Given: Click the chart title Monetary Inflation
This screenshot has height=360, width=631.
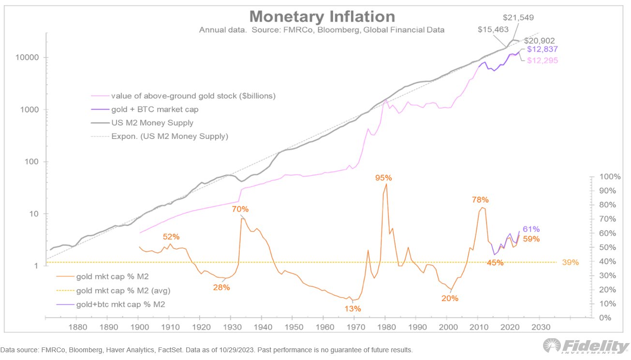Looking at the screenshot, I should pyautogui.click(x=322, y=16).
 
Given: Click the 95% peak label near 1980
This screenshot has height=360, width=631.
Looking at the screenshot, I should pyautogui.click(x=383, y=178).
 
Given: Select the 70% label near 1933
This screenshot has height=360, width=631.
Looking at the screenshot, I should pyautogui.click(x=240, y=210).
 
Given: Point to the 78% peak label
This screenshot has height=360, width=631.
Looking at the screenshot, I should pyautogui.click(x=480, y=199).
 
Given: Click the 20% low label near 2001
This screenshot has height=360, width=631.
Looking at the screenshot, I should pyautogui.click(x=450, y=299).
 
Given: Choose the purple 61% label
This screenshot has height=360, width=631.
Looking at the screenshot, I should pyautogui.click(x=531, y=229).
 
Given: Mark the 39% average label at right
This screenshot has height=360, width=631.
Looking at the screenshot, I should pyautogui.click(x=571, y=262).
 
